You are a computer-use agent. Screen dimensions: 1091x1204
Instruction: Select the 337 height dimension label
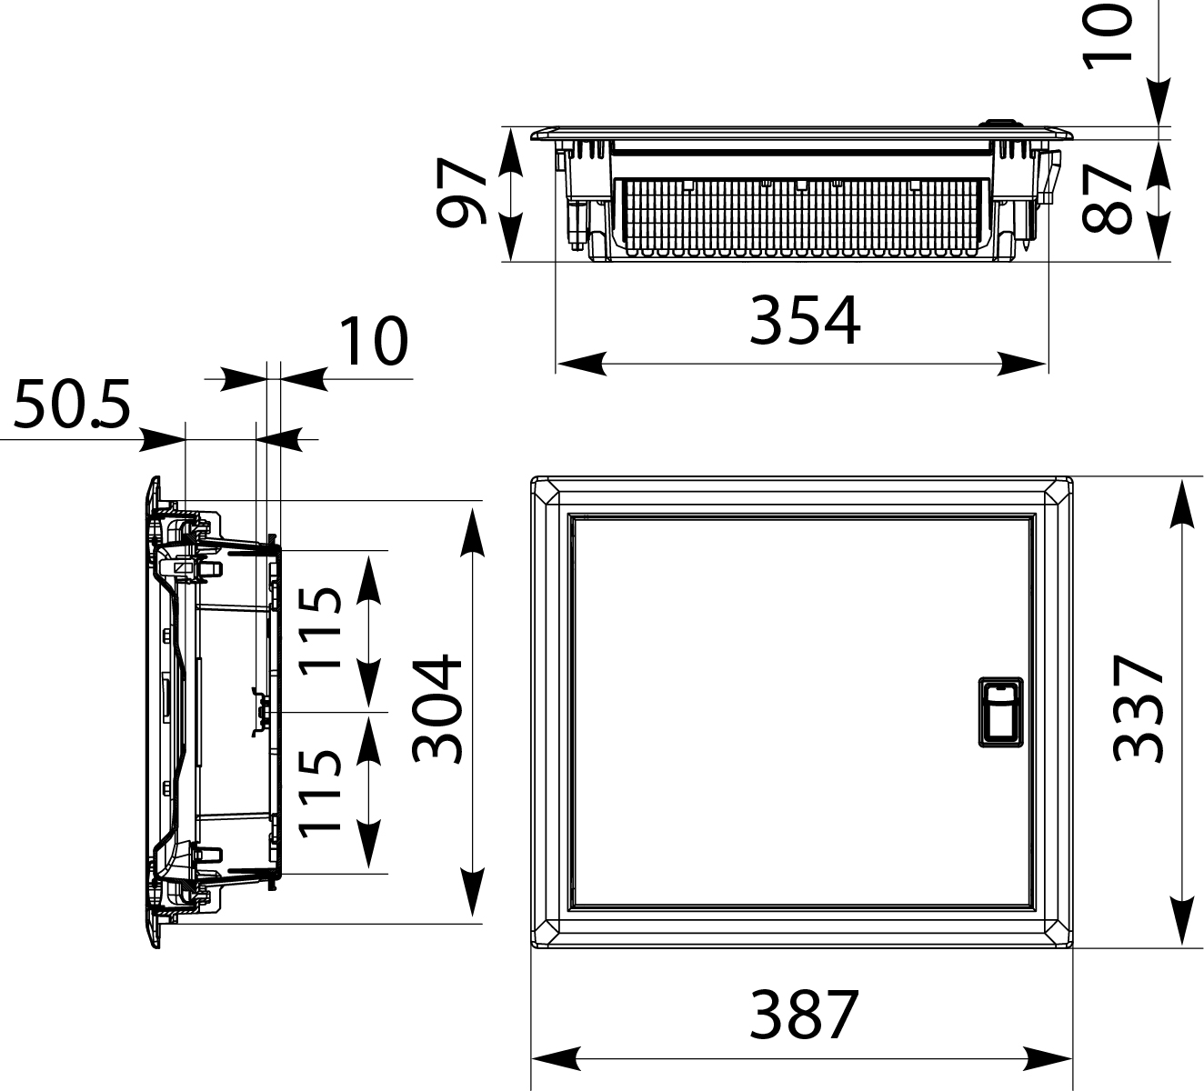coord(1139,708)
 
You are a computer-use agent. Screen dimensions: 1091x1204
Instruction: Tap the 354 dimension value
coord(804,320)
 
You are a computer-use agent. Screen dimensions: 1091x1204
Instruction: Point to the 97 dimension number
coord(462,193)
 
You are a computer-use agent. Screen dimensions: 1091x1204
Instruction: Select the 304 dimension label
coord(438,708)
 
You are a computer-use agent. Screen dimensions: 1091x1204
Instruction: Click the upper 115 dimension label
coord(321,629)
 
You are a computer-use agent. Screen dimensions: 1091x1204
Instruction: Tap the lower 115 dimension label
coord(321,792)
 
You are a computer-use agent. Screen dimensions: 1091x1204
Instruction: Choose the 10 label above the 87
coord(1109,33)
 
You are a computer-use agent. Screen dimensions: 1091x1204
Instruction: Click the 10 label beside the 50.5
coord(373,342)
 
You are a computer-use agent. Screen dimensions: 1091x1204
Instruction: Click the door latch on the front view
coord(1000,712)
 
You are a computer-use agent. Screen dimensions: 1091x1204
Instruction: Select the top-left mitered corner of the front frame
coord(547,493)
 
